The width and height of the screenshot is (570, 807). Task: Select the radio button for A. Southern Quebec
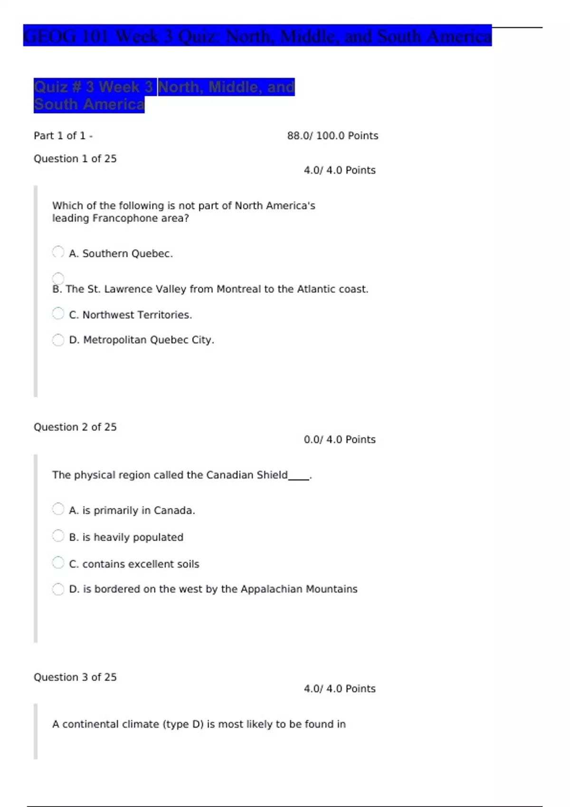click(58, 252)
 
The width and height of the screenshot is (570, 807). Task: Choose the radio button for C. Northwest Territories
click(58, 313)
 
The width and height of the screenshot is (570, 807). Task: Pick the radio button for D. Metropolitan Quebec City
click(58, 340)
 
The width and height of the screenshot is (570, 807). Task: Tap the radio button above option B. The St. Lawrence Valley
click(58, 279)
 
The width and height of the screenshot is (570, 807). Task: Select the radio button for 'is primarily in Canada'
click(58, 509)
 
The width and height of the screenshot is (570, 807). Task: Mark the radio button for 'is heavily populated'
click(58, 536)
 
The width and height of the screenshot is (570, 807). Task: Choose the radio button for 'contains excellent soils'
click(58, 563)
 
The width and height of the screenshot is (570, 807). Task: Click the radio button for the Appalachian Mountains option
click(58, 589)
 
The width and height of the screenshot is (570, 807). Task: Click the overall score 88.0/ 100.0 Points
click(332, 136)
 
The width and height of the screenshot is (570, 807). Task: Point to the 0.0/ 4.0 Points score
click(340, 440)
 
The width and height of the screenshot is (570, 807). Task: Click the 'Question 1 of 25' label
click(75, 159)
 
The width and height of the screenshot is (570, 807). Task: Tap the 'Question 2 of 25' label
click(75, 427)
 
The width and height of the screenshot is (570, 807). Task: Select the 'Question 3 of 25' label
click(75, 677)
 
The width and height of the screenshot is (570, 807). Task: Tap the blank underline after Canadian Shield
click(299, 479)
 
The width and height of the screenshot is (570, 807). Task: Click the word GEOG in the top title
click(49, 36)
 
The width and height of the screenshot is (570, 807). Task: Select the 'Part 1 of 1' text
click(60, 136)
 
